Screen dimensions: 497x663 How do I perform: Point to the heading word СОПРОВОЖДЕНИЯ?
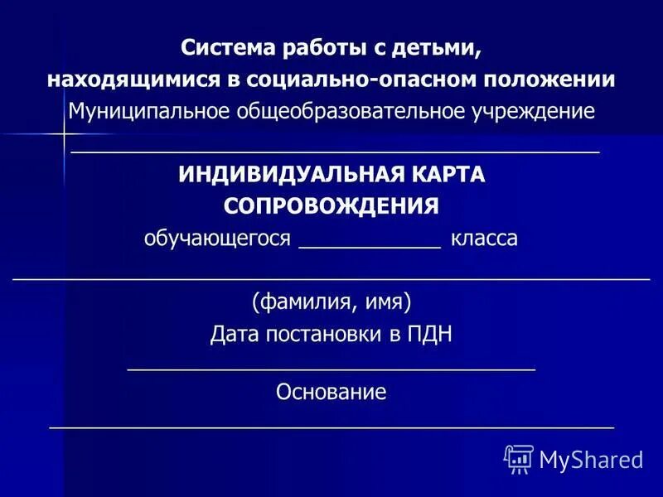[331, 206]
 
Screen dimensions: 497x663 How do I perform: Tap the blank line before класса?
[369, 246]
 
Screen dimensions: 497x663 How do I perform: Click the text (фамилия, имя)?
[331, 301]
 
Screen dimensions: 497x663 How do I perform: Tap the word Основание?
[331, 392]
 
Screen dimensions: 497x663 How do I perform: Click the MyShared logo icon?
[518, 458]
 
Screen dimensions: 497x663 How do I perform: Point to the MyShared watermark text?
[591, 459]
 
